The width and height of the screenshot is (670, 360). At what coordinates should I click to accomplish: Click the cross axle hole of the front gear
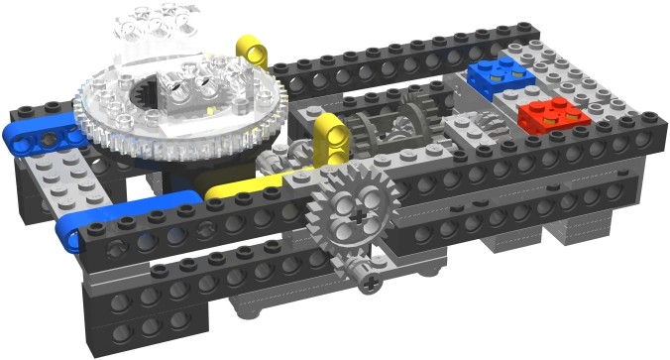347,210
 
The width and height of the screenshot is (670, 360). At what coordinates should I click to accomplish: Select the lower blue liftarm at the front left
99,219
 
